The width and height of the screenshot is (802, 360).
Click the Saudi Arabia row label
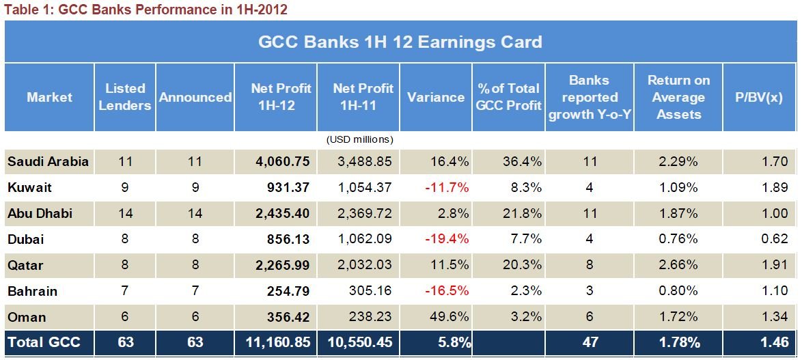coord(48,162)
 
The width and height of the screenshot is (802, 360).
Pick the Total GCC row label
coord(44,342)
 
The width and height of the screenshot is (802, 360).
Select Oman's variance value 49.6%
coord(449,318)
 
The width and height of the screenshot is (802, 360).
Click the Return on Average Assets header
coord(678,97)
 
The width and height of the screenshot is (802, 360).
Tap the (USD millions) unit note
coord(360,139)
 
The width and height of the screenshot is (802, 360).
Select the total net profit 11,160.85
coord(277,342)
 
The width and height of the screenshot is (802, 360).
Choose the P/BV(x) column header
coord(759,97)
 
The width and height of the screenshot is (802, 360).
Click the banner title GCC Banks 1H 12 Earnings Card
coord(400,42)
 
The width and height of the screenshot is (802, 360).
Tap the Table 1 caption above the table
coord(146,10)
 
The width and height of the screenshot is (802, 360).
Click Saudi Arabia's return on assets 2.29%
coord(679,162)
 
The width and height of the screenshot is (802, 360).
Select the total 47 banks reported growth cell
coord(590,342)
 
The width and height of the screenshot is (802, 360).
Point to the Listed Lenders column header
coord(125,97)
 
